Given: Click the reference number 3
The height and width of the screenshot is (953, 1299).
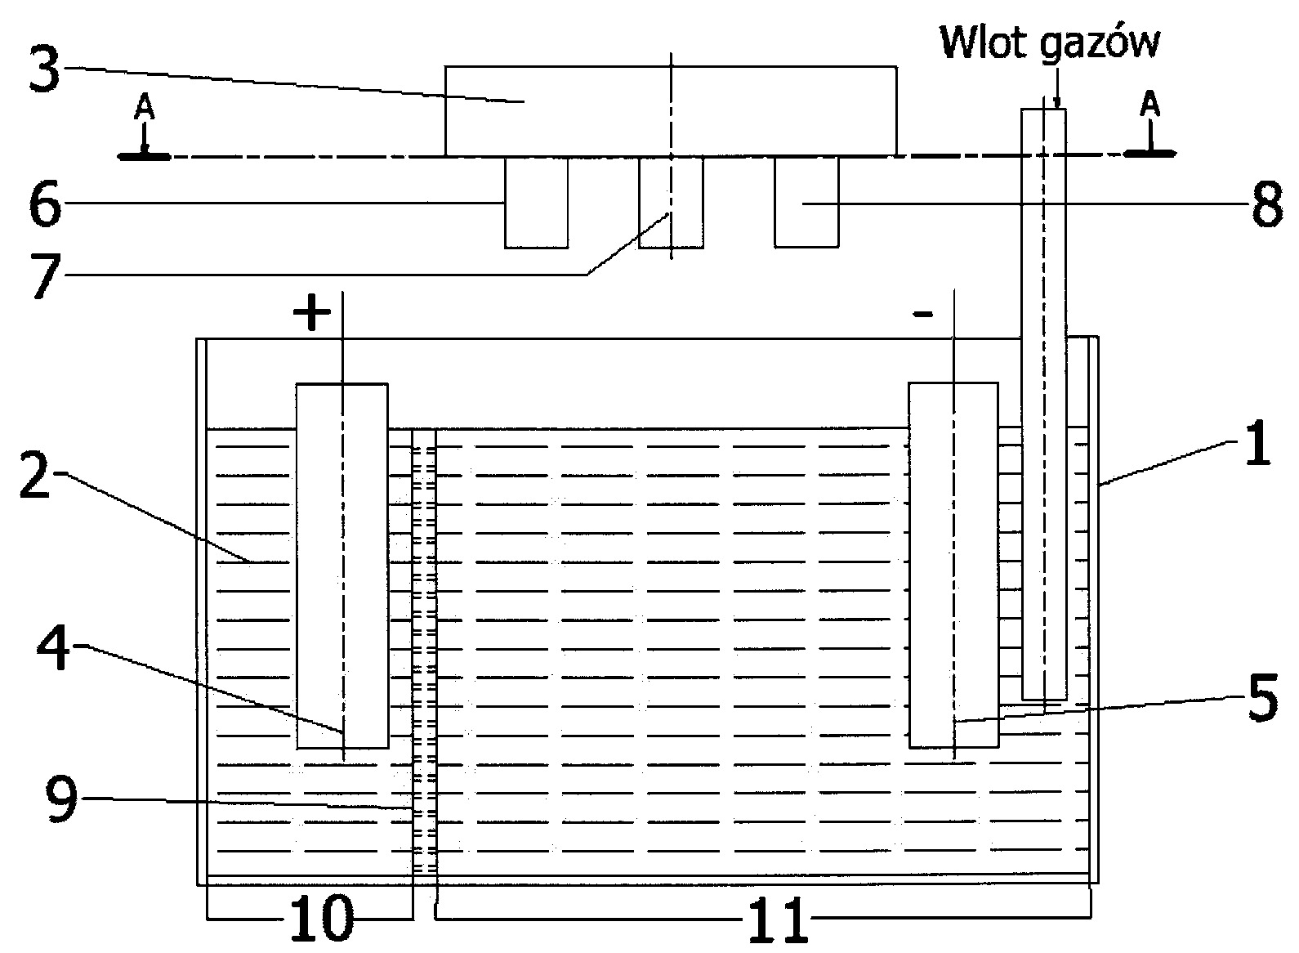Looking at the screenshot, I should [x=45, y=72].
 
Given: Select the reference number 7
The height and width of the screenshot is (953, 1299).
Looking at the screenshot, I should [x=45, y=278].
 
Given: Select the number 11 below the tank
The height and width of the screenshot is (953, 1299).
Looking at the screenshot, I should [x=777, y=920].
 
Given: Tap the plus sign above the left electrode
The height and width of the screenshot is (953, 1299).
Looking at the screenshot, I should [x=311, y=315].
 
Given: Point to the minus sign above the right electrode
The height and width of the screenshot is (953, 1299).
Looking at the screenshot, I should [x=923, y=315].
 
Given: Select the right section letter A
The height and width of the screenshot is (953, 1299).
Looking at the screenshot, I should [x=1149, y=104].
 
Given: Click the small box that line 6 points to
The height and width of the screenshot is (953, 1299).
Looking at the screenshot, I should [x=536, y=202].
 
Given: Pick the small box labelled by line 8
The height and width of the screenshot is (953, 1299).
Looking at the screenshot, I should [x=806, y=202].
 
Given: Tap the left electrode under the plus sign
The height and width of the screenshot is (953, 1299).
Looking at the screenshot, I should [x=341, y=564].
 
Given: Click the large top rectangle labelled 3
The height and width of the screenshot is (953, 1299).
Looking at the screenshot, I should [x=670, y=110].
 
